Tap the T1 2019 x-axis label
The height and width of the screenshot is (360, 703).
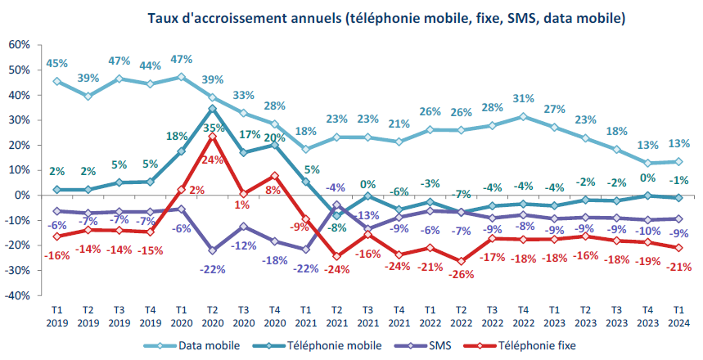pyautogui.click(x=56, y=317)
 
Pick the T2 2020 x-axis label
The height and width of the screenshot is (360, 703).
pyautogui.click(x=211, y=317)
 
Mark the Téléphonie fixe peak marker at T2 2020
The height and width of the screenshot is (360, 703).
pyautogui.click(x=212, y=137)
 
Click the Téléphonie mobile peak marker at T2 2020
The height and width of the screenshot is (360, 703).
pyautogui.click(x=212, y=108)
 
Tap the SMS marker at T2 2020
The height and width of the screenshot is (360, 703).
pyautogui.click(x=212, y=250)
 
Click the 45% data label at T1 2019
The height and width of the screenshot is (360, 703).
pyautogui.click(x=56, y=62)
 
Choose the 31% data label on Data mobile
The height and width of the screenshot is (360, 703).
pyautogui.click(x=524, y=99)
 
